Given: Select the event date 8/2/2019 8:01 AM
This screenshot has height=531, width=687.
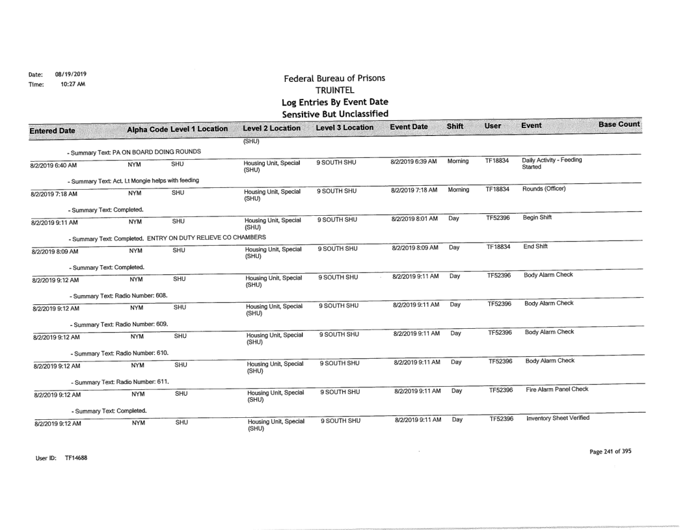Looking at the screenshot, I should coord(413,219).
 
